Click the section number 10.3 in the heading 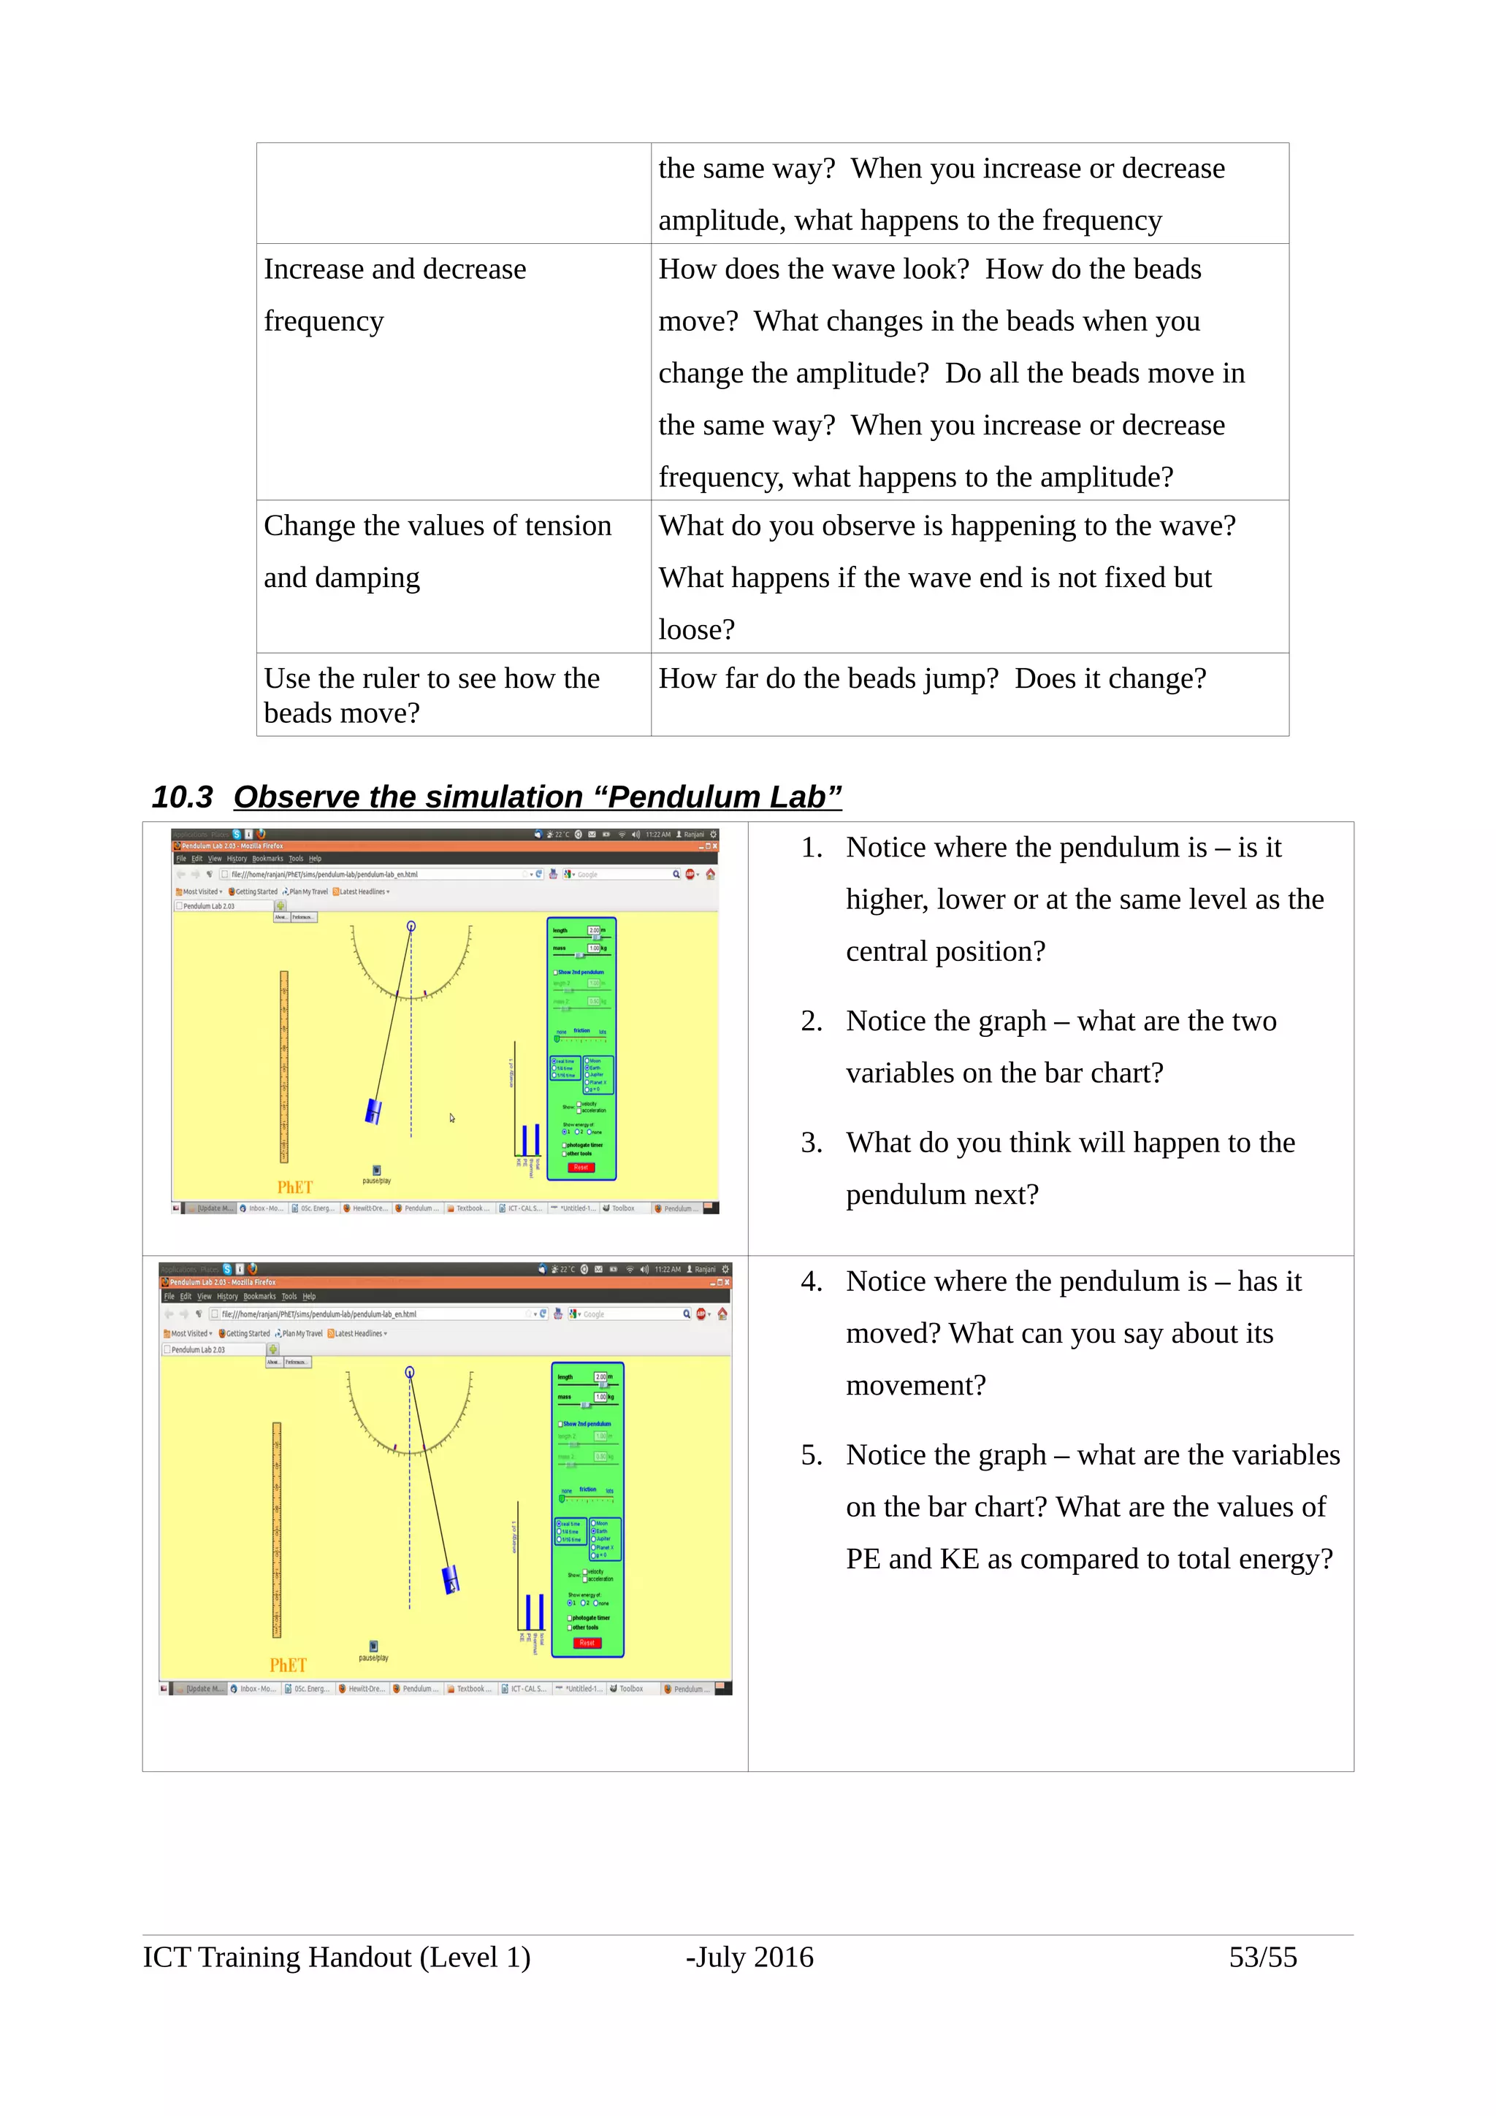click(x=182, y=797)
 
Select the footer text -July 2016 click(x=749, y=1957)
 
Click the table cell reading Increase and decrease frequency click(x=394, y=295)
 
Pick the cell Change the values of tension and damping click(x=437, y=551)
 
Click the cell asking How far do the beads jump click(x=931, y=679)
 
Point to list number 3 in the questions click(x=811, y=1143)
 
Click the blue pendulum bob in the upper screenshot click(x=373, y=1111)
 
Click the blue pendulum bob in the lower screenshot click(x=451, y=1579)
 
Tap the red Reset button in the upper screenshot click(x=581, y=1168)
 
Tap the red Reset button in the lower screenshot click(x=587, y=1643)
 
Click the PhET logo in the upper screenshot click(x=295, y=1187)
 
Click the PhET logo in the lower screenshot click(x=288, y=1665)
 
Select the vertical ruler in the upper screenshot click(x=284, y=1066)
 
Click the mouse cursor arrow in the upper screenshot click(x=451, y=1118)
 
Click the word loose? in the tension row click(x=696, y=629)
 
